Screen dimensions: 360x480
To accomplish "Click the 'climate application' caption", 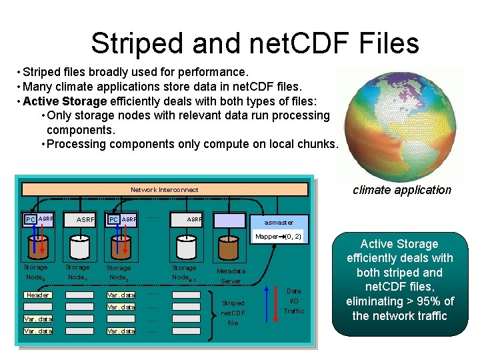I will pos(401,190).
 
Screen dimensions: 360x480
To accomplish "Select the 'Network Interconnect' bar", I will pos(164,189).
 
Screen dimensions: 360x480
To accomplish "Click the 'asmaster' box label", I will pos(278,222).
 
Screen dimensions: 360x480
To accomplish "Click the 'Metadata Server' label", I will pos(231,276).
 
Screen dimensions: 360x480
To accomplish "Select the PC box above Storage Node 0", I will pos(30,219).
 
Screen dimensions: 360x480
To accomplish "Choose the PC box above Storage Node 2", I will pos(114,219).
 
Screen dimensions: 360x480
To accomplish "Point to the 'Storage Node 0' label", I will pos(35,272).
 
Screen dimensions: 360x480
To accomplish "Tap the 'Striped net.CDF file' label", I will pos(233,313).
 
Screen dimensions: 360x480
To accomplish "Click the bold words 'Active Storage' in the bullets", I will pos(65,101).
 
